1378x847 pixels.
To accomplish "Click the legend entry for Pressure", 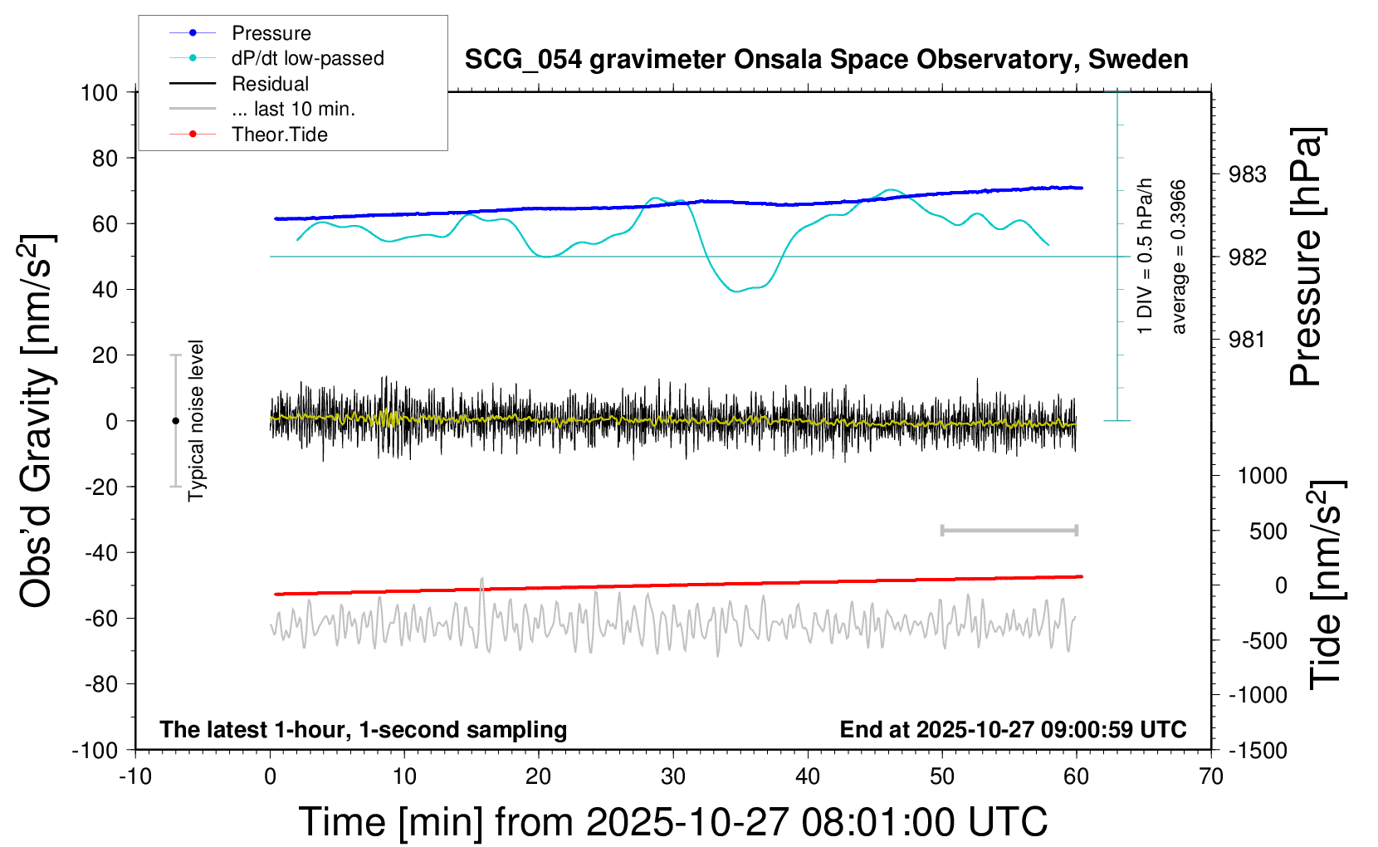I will [x=271, y=33].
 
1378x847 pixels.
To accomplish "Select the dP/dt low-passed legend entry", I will [x=307, y=58].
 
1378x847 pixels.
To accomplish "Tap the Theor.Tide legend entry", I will [x=279, y=135].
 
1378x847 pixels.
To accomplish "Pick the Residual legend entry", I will [x=270, y=84].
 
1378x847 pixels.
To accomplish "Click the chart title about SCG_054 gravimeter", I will [x=826, y=60].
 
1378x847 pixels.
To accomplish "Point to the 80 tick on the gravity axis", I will [x=105, y=158].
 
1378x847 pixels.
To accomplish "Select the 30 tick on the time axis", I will [x=673, y=777].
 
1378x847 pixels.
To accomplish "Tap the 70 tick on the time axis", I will [x=1211, y=777].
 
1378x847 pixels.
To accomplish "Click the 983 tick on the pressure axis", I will [x=1248, y=174].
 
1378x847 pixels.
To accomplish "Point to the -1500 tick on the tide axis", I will [x=1258, y=751].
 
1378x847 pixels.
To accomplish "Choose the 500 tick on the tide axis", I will [x=1268, y=531].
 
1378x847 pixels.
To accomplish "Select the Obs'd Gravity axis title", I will [x=37, y=421].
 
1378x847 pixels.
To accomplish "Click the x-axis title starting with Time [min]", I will [x=672, y=822].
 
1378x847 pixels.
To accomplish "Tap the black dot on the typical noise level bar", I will [x=175, y=421].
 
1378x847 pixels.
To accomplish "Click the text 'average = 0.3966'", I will [x=1179, y=257].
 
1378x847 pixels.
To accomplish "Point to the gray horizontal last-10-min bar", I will [x=1009, y=530].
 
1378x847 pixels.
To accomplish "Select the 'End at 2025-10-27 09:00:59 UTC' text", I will [x=1013, y=730].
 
